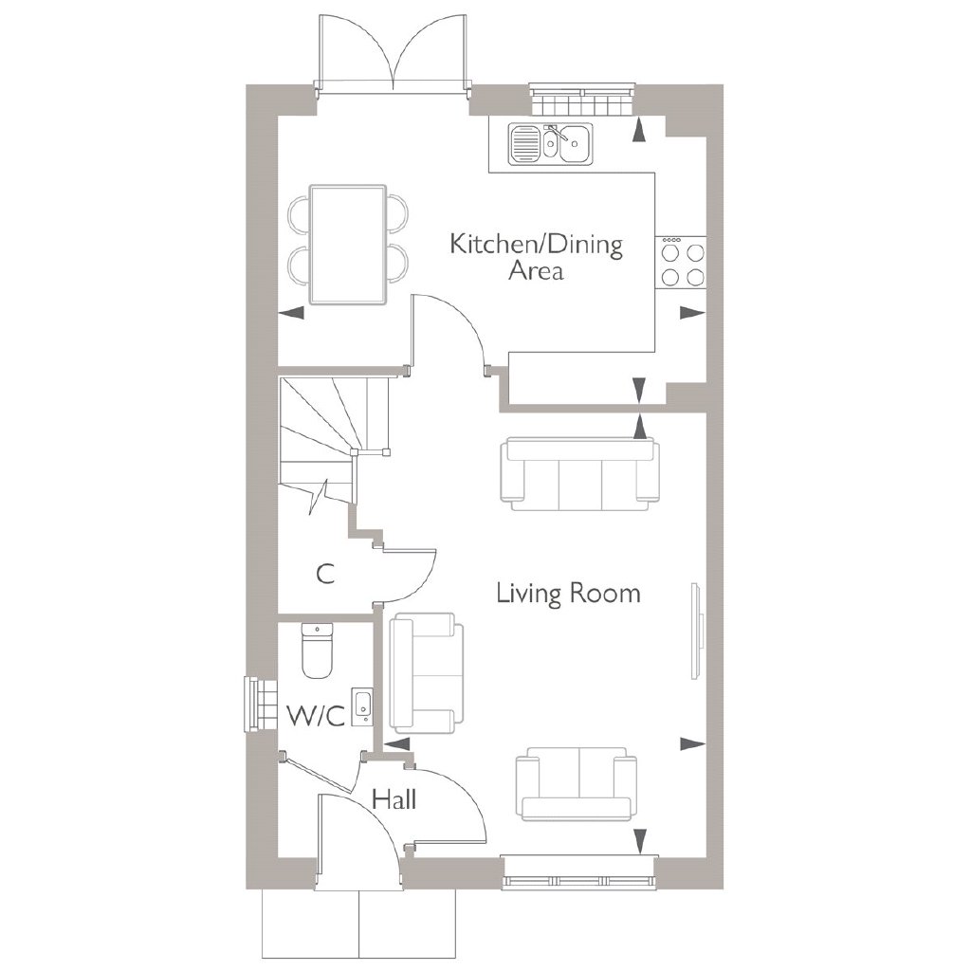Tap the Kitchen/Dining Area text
[x=537, y=257]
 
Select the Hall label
[x=394, y=799]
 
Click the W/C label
[x=315, y=718]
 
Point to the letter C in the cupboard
[x=325, y=574]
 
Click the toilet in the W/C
[x=318, y=650]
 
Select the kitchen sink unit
[x=551, y=144]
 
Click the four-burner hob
[x=681, y=263]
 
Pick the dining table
[x=348, y=245]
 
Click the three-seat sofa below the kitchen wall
[x=579, y=474]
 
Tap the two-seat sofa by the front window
[x=576, y=784]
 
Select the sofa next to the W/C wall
[x=426, y=672]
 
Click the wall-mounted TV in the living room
[x=697, y=631]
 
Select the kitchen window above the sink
[x=583, y=98]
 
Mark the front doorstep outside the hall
[x=358, y=923]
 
